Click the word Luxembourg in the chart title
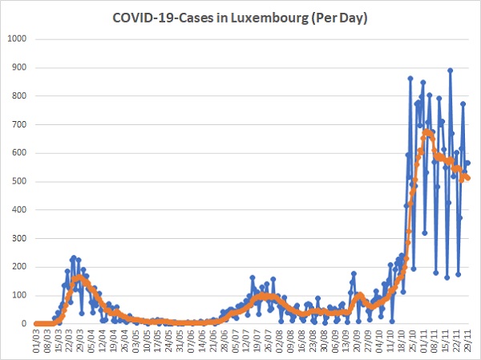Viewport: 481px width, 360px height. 269,18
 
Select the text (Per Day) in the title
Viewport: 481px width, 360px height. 339,18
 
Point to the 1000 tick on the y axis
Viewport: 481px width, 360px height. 17,39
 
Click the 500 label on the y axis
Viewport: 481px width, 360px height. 19,181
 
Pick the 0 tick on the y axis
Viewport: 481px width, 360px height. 24,324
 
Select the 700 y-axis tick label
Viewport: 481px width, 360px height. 19,124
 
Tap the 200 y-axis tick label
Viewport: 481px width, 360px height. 19,267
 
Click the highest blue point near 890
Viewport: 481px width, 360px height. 450,71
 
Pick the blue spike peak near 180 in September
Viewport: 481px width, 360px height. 354,273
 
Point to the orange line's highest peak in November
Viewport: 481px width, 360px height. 426,132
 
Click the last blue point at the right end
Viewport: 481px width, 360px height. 468,163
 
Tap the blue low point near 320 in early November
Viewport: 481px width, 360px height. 425,233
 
